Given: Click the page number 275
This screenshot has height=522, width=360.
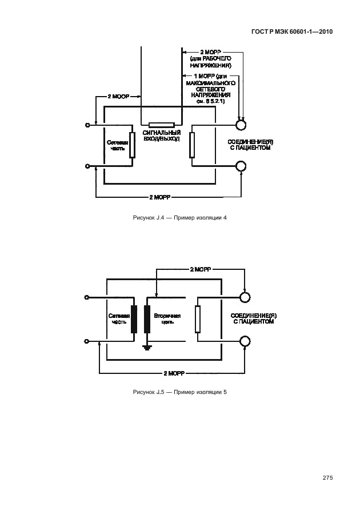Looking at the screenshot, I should click(x=327, y=478).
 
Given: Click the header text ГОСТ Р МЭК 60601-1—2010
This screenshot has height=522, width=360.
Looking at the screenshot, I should click(x=291, y=33).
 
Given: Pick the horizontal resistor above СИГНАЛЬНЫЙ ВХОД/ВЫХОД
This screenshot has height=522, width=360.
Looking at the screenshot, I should click(x=161, y=124).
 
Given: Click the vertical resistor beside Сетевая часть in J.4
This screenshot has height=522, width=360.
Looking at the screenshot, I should click(x=133, y=145).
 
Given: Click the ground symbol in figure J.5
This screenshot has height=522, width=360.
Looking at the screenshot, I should click(x=147, y=347).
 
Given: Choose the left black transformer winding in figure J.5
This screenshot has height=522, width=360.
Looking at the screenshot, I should click(x=134, y=319).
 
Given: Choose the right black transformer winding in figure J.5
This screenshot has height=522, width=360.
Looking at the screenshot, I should click(x=147, y=319).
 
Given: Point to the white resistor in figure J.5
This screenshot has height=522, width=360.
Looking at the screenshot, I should click(x=197, y=319).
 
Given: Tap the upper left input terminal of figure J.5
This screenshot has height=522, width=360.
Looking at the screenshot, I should click(x=87, y=297).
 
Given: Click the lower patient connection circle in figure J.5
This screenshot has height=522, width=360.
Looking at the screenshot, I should click(x=245, y=341).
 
